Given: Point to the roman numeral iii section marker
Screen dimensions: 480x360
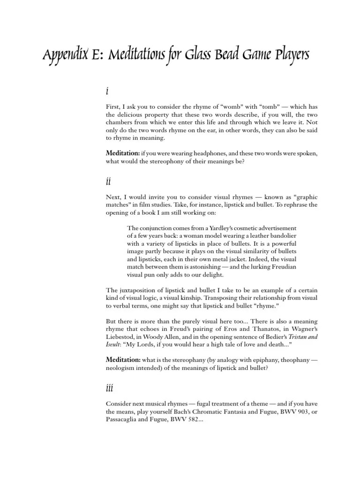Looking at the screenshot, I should [x=109, y=388].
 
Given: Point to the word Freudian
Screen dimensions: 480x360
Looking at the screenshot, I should [x=280, y=267].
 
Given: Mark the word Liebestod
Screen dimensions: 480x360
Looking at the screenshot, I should [x=121, y=337].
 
